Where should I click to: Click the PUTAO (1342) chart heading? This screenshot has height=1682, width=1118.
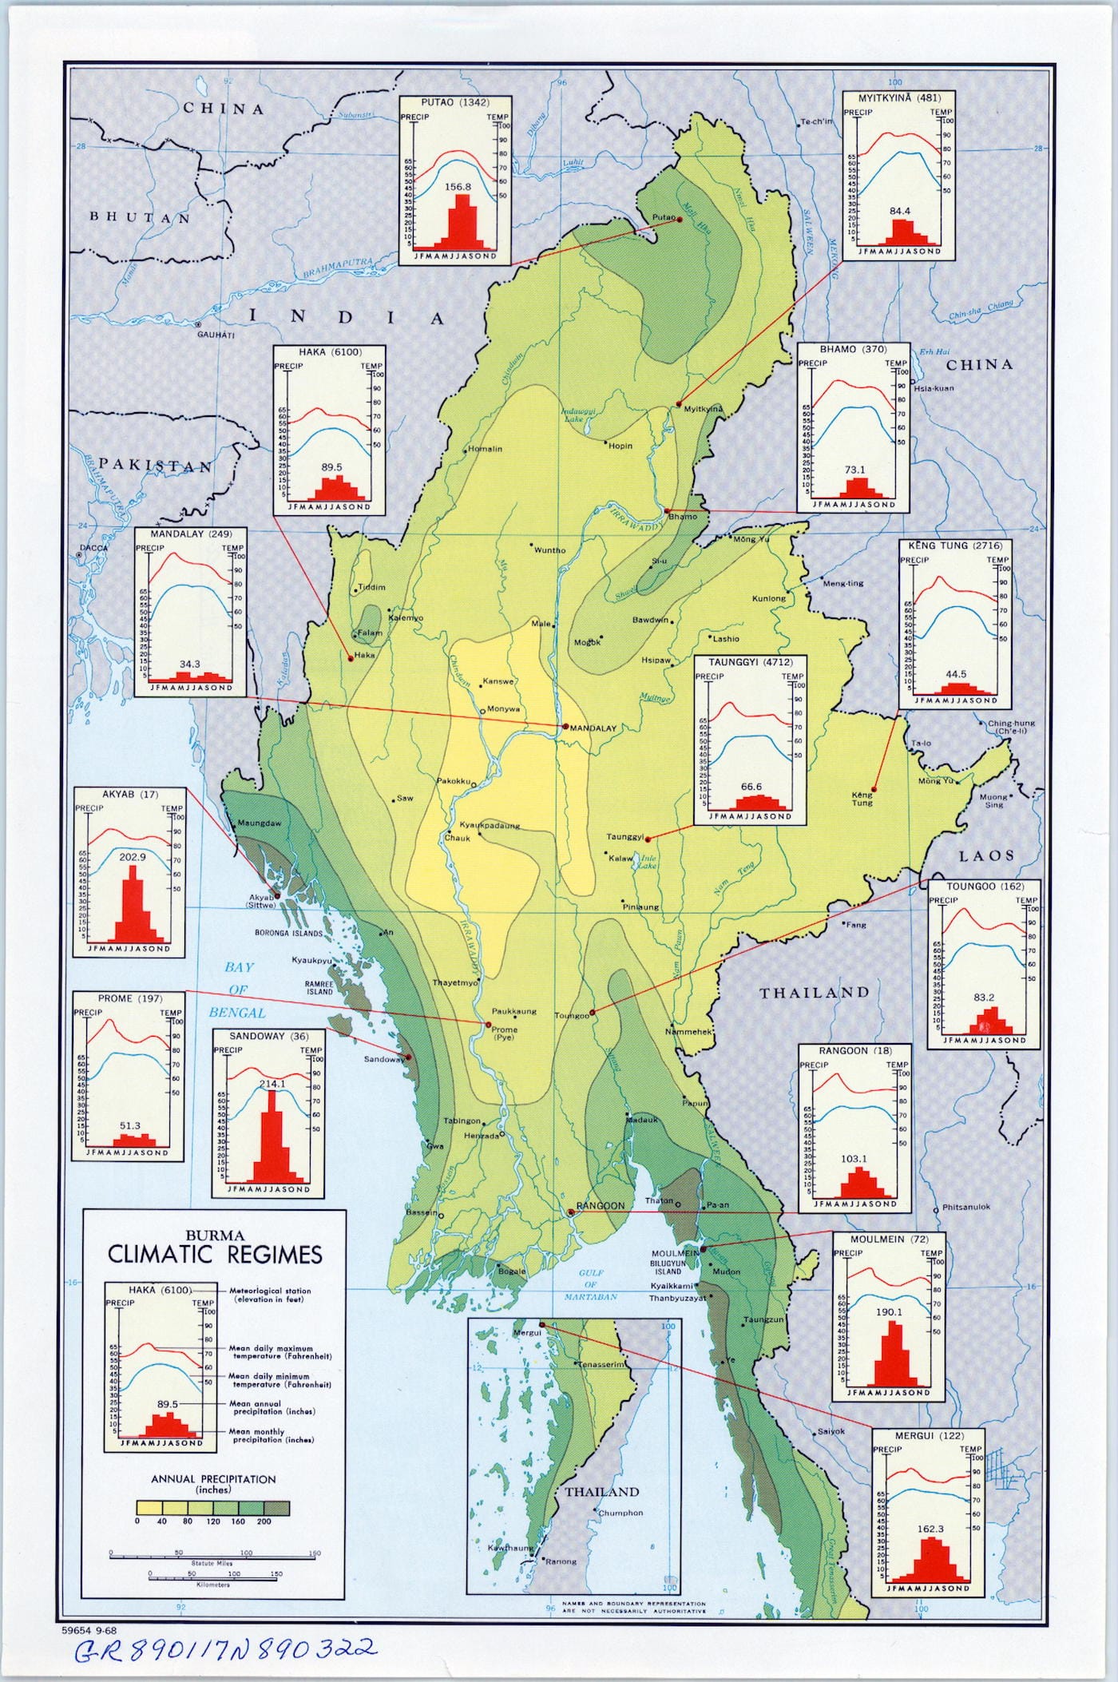pyautogui.click(x=455, y=101)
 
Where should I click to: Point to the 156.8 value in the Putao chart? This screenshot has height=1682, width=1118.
pyautogui.click(x=458, y=188)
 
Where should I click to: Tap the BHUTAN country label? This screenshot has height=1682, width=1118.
pyautogui.click(x=141, y=217)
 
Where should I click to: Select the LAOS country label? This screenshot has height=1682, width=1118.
pyautogui.click(x=986, y=855)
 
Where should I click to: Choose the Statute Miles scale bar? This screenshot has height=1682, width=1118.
pyautogui.click(x=212, y=1553)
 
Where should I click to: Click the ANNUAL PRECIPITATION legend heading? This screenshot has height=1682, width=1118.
pyautogui.click(x=213, y=1479)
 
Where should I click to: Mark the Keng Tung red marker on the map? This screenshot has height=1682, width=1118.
pyautogui.click(x=874, y=789)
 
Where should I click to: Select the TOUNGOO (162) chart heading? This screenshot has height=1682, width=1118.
pyautogui.click(x=984, y=887)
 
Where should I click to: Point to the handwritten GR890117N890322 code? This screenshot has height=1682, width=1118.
pyautogui.click(x=223, y=1648)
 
